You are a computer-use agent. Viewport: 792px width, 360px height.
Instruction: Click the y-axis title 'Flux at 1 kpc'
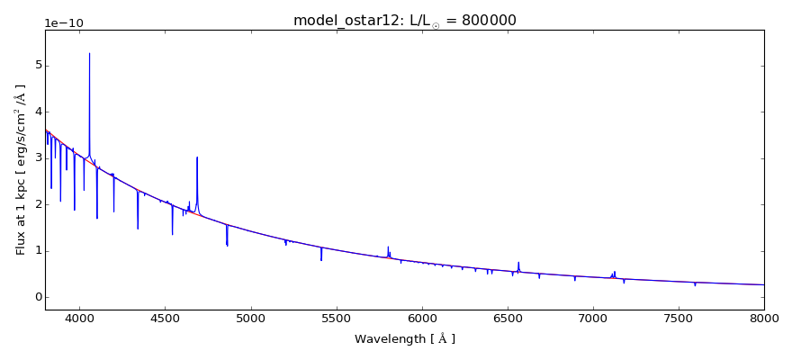pos(21,170)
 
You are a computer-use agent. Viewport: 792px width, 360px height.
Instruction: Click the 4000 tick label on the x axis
pos(80,318)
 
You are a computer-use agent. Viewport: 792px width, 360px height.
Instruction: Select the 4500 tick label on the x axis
pos(166,318)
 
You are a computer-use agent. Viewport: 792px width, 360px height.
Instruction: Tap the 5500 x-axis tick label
pos(337,318)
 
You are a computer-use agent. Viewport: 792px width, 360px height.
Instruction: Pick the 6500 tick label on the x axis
pos(508,318)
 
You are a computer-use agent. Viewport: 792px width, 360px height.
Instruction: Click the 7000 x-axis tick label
pos(593,318)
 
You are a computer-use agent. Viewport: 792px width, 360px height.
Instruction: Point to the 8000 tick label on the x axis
pos(764,318)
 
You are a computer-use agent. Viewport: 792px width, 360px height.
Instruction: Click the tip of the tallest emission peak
pos(90,53)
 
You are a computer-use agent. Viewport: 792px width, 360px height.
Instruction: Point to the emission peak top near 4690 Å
pos(197,157)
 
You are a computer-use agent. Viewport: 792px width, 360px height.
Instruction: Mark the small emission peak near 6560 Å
pos(518,262)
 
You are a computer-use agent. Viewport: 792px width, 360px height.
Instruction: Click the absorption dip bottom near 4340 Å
pos(138,229)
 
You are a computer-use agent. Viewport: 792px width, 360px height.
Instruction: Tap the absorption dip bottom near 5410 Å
pos(321,260)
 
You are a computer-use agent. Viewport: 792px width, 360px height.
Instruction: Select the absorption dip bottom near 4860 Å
pos(227,246)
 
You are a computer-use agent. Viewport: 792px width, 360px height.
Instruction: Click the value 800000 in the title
pos(489,21)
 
